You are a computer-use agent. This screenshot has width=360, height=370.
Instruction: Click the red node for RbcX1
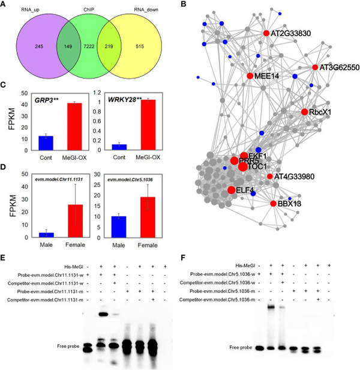pos(305,112)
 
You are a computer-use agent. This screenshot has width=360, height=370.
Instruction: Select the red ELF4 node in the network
pos(231,190)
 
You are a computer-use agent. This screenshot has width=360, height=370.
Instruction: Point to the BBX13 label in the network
pos(288,204)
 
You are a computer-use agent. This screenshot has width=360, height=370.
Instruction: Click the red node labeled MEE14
pos(250,76)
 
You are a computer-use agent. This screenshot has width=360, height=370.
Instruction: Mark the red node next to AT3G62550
pos(315,67)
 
